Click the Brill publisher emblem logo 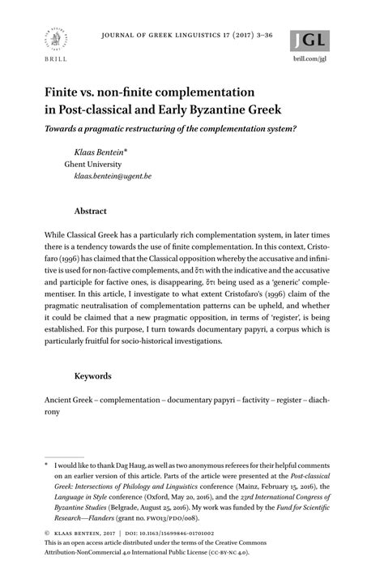50,36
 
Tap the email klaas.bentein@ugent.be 112,175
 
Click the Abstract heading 90,211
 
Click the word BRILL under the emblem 50,61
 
